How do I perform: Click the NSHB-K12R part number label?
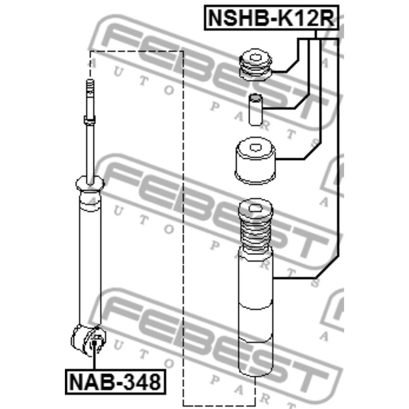pyautogui.click(x=271, y=18)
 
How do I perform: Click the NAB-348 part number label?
pyautogui.click(x=115, y=382)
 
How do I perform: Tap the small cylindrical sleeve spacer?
pyautogui.click(x=255, y=110)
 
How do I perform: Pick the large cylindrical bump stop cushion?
pyautogui.click(x=255, y=161)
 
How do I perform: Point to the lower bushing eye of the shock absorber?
pyautogui.click(x=89, y=340)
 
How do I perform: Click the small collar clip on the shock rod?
pyautogui.click(x=90, y=120)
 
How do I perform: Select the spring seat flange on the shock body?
pyautogui.click(x=90, y=184)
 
